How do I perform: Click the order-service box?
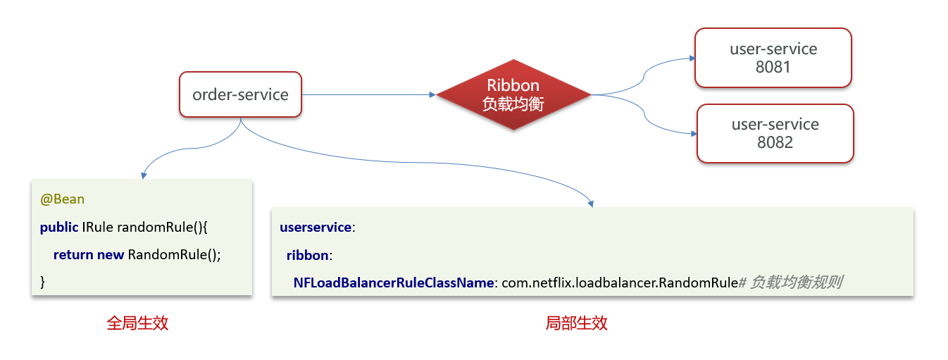240,94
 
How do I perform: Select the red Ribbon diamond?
513,94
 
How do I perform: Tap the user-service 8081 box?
773,58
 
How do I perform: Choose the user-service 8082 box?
775,133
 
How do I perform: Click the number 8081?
773,68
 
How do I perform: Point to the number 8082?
775,142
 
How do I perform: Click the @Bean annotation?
62,199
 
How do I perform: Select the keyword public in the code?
59,227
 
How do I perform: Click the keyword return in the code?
73,254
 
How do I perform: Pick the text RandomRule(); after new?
175,254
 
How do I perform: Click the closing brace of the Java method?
42,282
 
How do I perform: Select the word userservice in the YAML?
315,228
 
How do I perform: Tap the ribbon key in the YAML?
308,255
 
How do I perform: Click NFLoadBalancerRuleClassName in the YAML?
394,283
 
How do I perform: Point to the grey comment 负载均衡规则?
796,283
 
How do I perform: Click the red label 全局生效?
137,323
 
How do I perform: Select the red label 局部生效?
576,323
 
